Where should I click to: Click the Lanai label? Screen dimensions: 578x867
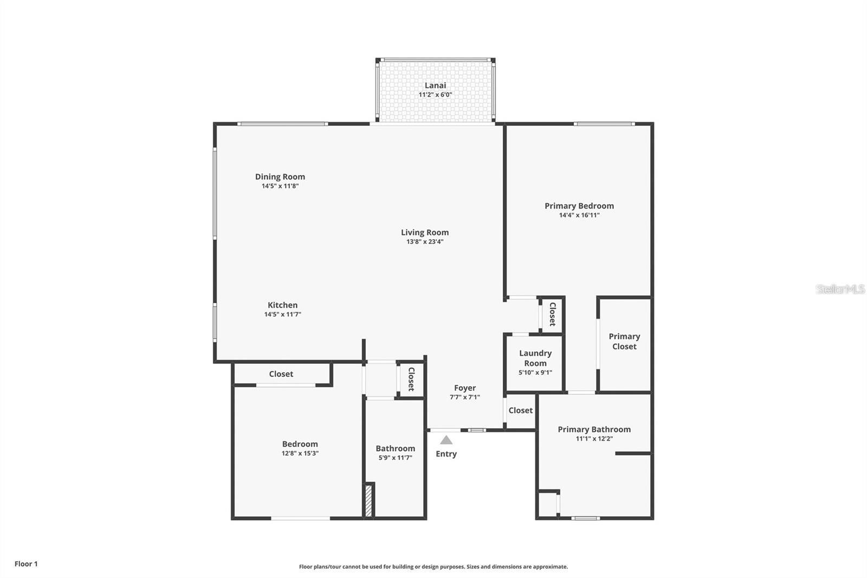435,85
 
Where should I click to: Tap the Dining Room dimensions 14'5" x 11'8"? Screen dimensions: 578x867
280,186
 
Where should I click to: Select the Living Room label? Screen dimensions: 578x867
425,233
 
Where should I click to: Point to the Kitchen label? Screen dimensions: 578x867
282,305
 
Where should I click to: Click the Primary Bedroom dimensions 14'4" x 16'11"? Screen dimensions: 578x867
579,215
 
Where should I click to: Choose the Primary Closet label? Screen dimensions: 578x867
624,342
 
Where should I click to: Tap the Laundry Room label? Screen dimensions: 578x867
535,358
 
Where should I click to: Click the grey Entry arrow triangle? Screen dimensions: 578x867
446,440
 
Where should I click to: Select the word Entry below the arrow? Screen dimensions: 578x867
446,454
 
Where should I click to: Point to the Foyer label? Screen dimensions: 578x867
465,388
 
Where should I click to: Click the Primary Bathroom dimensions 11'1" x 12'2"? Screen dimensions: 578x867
594,439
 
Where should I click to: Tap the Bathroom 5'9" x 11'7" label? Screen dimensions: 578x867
396,453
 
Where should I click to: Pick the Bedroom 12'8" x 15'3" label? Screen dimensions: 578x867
300,448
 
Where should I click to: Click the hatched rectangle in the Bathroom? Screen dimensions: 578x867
368,500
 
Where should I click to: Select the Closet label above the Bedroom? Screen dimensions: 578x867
281,374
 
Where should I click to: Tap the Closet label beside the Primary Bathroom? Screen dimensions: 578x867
521,410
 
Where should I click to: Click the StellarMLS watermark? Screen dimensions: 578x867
840,289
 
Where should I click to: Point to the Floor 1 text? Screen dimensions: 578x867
26,564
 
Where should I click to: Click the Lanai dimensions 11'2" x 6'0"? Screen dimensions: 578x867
435,95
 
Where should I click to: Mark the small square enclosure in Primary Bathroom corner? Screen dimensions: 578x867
548,504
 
